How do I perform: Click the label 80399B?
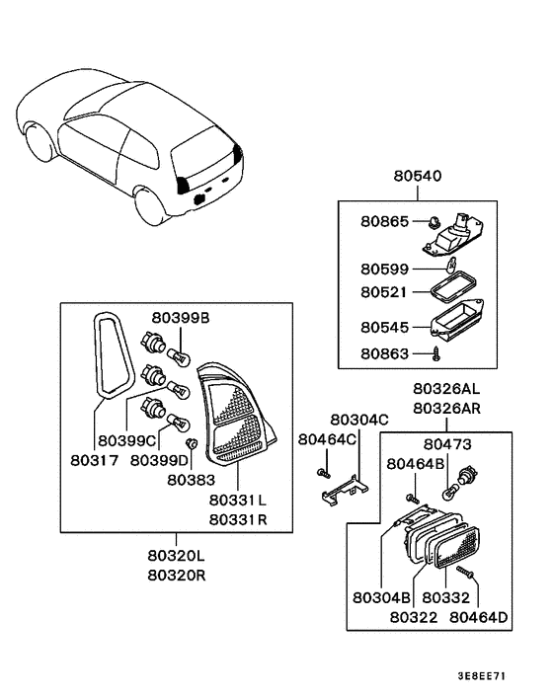(x=182, y=317)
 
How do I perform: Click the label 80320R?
(x=178, y=576)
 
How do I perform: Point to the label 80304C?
(x=358, y=419)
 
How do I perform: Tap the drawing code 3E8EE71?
(x=483, y=678)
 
